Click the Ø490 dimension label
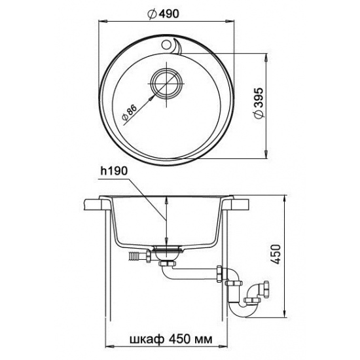click(163, 14)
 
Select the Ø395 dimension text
click(259, 103)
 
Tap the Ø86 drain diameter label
click(130, 113)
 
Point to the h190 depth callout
click(114, 171)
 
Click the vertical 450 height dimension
click(277, 254)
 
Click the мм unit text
click(204, 339)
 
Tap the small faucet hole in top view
click(166, 45)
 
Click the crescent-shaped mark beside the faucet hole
click(178, 46)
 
